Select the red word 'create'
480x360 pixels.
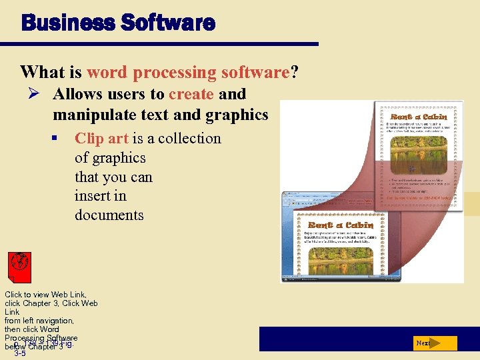coord(191,95)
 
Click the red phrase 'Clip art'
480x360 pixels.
coord(101,139)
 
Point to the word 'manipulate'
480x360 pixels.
coord(93,115)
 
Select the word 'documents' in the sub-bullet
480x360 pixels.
coord(109,215)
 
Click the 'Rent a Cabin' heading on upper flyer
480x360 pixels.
coord(419,117)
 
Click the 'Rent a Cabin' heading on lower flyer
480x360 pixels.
coord(340,225)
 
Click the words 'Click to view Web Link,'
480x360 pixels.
coord(45,294)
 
